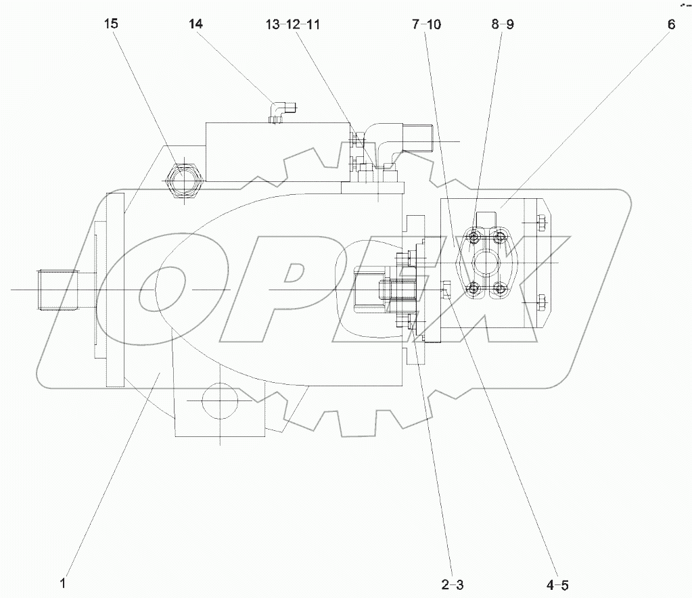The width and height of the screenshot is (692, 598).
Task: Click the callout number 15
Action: tap(111, 24)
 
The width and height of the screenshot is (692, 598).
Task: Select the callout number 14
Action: tap(195, 24)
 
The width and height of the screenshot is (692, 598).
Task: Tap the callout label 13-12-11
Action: tap(293, 24)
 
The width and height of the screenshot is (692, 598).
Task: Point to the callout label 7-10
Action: tap(425, 24)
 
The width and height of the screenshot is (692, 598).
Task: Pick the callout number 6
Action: tap(670, 24)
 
